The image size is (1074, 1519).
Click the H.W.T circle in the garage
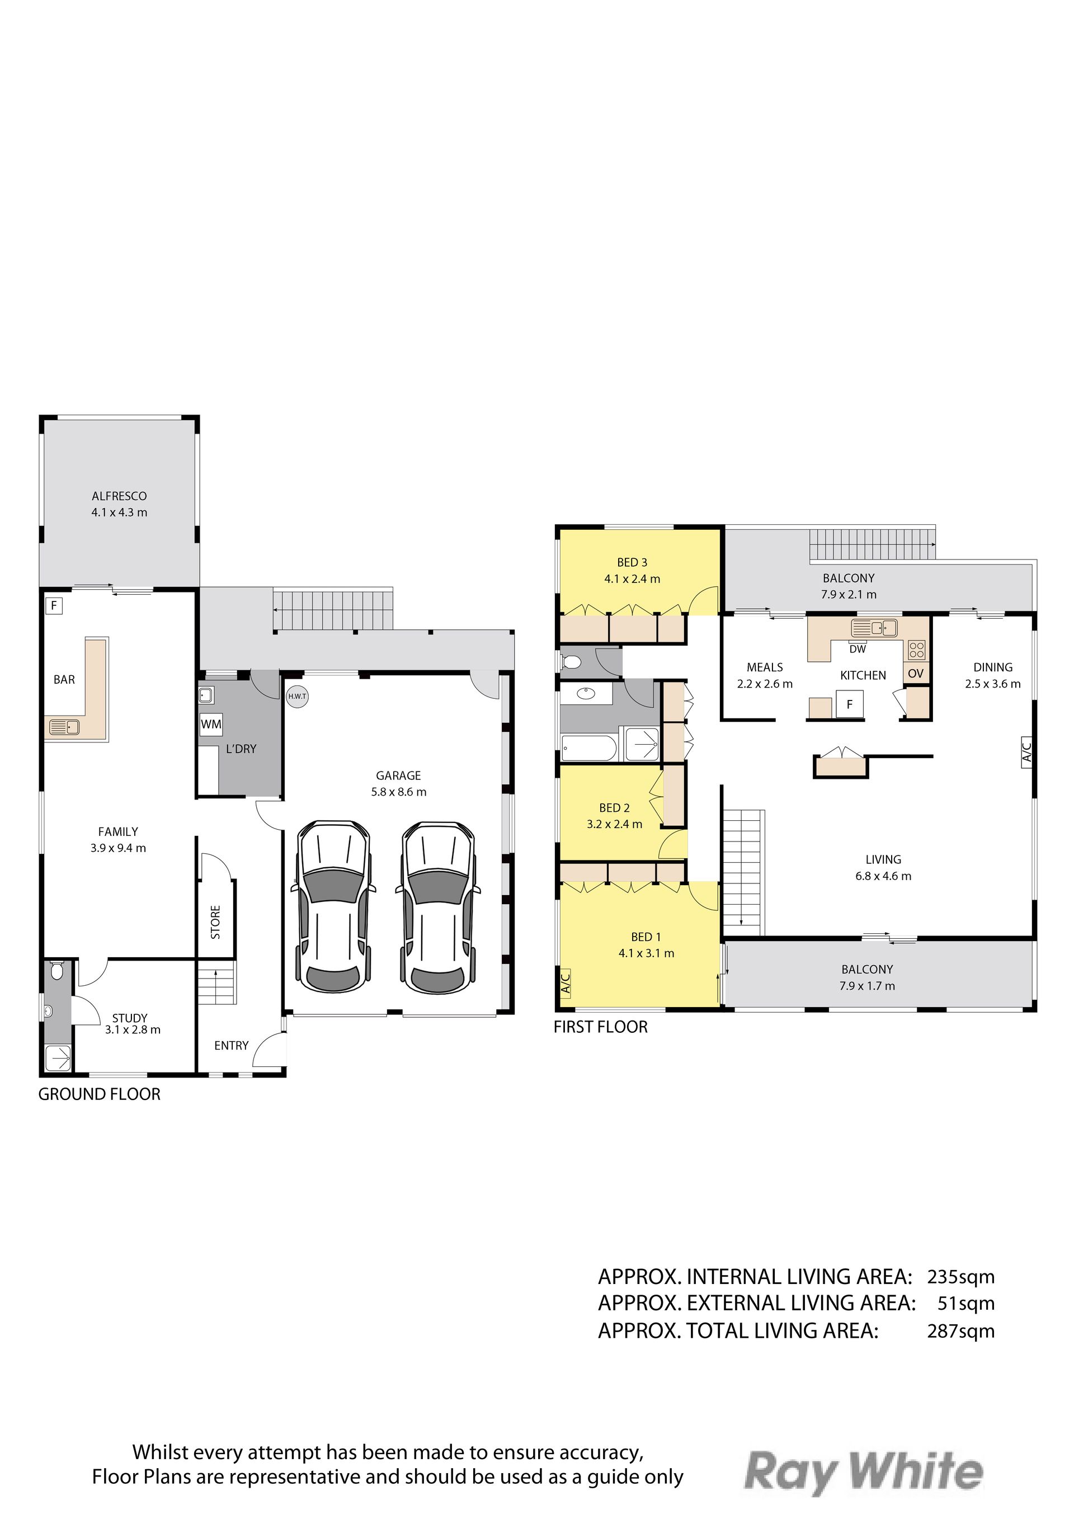tap(297, 696)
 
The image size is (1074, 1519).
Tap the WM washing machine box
tap(211, 725)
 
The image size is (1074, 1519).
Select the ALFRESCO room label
tap(119, 496)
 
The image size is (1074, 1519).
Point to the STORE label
tap(215, 922)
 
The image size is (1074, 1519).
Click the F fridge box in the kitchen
tap(850, 704)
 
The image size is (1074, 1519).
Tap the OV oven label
tap(915, 674)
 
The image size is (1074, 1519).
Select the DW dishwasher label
tap(858, 649)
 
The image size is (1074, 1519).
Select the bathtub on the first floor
tap(588, 748)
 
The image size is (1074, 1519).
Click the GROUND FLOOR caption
tap(99, 1094)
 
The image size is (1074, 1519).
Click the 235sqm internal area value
tap(961, 1277)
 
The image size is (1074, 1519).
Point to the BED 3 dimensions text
tap(632, 579)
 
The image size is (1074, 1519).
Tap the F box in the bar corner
tap(54, 605)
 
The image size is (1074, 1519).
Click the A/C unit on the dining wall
tap(1026, 754)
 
